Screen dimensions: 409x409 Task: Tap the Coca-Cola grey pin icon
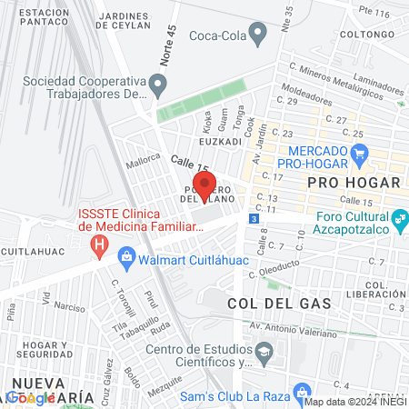click(x=258, y=35)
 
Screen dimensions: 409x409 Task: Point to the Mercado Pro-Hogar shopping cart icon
click(x=361, y=154)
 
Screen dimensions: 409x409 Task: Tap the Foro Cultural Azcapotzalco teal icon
click(x=398, y=219)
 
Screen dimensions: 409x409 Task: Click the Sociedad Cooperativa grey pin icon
click(x=160, y=86)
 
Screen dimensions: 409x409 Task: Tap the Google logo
click(x=32, y=397)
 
